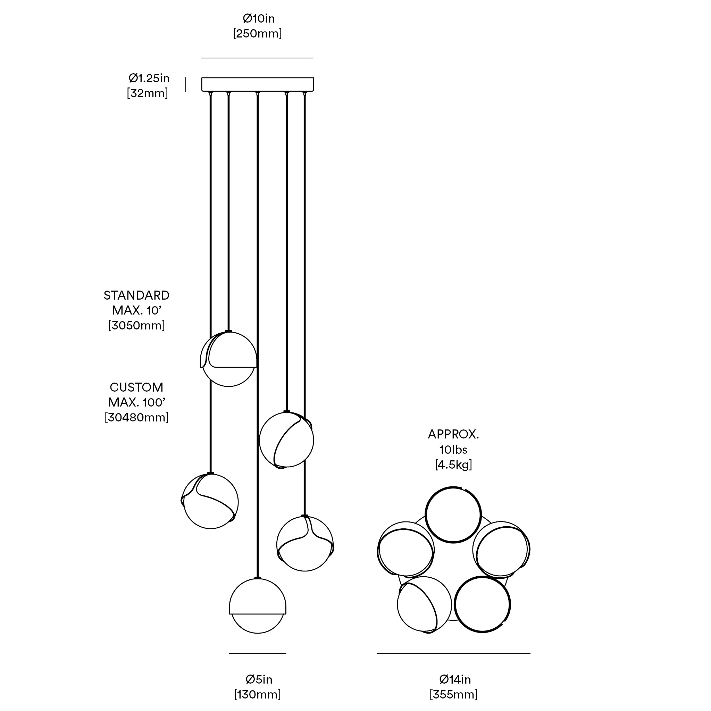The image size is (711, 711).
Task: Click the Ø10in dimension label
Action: [x=258, y=18]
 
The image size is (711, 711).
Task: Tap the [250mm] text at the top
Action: [x=257, y=33]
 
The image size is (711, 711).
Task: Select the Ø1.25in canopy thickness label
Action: [x=149, y=78]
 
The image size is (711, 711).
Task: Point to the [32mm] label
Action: [x=147, y=93]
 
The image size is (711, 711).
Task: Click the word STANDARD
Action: [x=136, y=295]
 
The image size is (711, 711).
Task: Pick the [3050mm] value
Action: [x=136, y=325]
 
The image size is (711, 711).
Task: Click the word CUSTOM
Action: [x=136, y=387]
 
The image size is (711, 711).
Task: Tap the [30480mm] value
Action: [x=136, y=417]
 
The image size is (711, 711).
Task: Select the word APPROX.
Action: [x=453, y=434]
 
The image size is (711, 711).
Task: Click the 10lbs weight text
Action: [x=453, y=449]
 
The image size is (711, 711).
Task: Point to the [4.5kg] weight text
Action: [x=453, y=465]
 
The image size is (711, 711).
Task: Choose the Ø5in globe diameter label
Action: [x=259, y=679]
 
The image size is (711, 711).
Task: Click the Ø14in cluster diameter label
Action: [x=455, y=679]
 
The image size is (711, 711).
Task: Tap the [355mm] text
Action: [x=453, y=694]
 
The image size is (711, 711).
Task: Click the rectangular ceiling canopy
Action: [x=258, y=84]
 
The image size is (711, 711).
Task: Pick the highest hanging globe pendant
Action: [x=228, y=359]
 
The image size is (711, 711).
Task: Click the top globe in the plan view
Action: [x=453, y=515]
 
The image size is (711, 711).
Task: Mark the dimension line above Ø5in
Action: [x=258, y=654]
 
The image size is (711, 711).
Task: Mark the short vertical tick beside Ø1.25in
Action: [x=186, y=85]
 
